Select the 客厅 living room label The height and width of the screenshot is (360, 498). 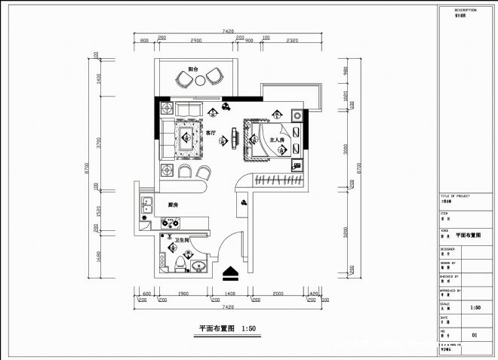(x=211, y=132)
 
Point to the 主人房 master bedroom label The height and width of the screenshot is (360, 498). (x=276, y=140)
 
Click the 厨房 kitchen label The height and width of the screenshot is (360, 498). (x=173, y=205)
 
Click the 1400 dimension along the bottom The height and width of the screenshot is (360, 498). (x=229, y=293)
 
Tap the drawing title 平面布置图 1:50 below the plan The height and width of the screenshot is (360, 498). (x=226, y=328)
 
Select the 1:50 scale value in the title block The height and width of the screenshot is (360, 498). (x=475, y=308)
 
